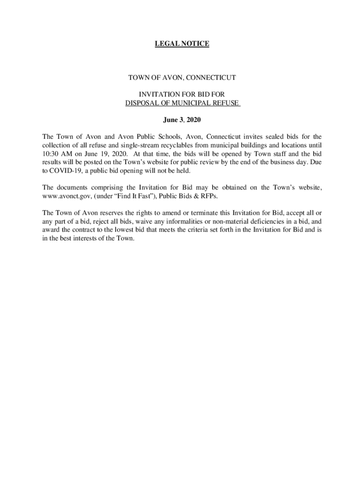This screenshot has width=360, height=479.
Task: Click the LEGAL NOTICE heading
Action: coord(182,44)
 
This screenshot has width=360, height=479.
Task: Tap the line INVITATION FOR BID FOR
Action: coord(182,94)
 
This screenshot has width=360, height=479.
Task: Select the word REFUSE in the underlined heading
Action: coord(225,103)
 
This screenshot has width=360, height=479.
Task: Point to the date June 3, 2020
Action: coord(182,120)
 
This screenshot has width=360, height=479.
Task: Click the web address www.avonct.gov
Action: coord(64,196)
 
